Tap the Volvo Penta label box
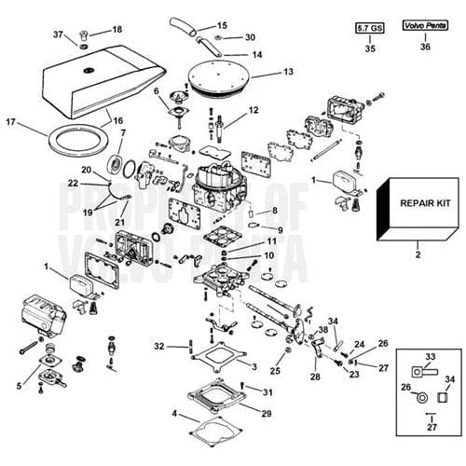425,30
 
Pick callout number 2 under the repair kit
418,253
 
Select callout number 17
11,121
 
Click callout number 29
267,412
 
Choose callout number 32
159,346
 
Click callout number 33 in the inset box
430,356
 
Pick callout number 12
254,110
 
